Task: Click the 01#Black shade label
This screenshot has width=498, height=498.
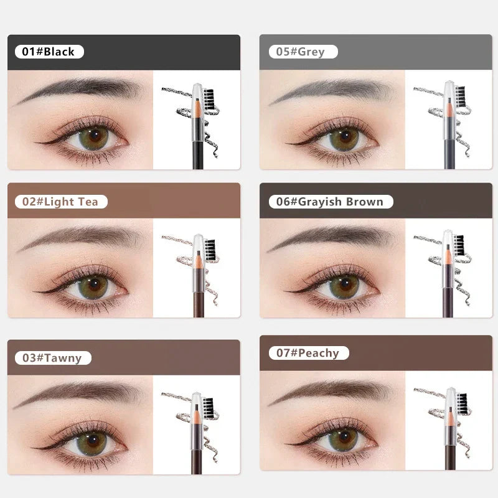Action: [x=49, y=52]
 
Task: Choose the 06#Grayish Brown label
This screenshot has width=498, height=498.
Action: [x=331, y=202]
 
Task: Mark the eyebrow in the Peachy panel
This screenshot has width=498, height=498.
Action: [x=331, y=391]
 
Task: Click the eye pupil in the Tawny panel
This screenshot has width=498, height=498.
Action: [x=93, y=440]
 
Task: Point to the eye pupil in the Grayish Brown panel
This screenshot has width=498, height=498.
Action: [x=345, y=284]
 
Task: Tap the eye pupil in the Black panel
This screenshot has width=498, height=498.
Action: [x=95, y=135]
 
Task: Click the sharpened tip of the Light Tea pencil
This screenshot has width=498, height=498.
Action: [x=199, y=253]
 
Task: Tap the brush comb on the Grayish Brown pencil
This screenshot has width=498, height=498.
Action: [x=460, y=246]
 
